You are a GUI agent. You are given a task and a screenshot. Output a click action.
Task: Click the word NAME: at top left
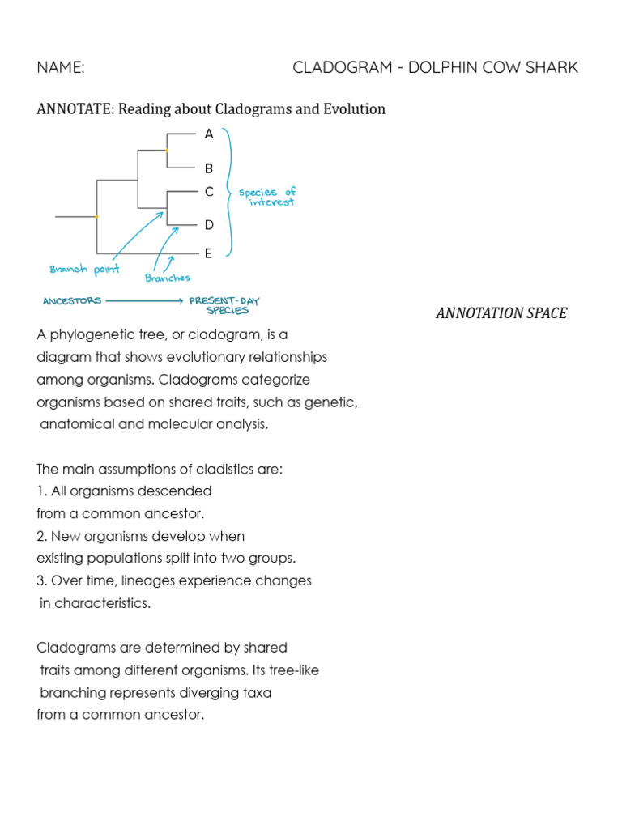pyautogui.click(x=61, y=67)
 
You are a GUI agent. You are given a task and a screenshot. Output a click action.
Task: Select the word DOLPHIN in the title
pyautogui.click(x=445, y=67)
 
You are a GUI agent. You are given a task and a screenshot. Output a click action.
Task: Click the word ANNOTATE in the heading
pyautogui.click(x=75, y=109)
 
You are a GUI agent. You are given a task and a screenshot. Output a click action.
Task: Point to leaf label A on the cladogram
pyautogui.click(x=209, y=134)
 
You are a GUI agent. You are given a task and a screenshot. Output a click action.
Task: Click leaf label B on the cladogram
pyautogui.click(x=209, y=168)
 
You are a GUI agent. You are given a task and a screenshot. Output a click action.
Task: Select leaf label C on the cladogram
pyautogui.click(x=209, y=192)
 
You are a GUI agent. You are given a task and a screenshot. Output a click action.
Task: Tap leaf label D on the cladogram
pyautogui.click(x=209, y=224)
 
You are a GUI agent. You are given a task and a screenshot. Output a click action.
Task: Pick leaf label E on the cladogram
pyautogui.click(x=208, y=253)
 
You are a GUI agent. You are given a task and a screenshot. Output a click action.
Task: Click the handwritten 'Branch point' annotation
pyautogui.click(x=84, y=270)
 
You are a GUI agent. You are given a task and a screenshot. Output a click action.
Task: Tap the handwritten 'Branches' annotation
pyautogui.click(x=168, y=278)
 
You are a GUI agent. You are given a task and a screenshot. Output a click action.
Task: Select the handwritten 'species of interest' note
pyautogui.click(x=268, y=197)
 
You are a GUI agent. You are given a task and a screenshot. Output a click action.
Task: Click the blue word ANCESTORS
pyautogui.click(x=72, y=300)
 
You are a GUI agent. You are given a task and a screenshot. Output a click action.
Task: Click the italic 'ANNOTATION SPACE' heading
pyautogui.click(x=501, y=313)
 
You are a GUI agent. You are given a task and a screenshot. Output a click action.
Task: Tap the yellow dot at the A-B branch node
pyautogui.click(x=166, y=151)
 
